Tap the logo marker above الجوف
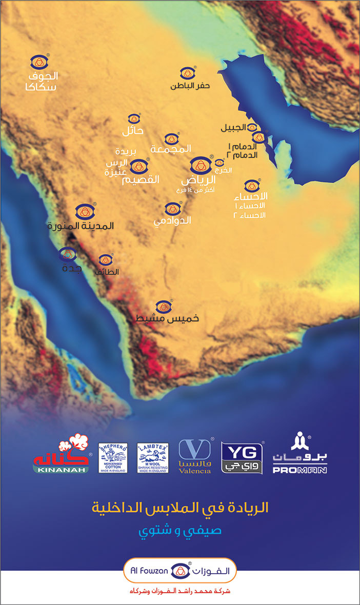(x=39, y=63)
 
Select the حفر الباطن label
(x=190, y=86)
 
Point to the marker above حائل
(x=134, y=119)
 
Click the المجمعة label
(x=171, y=149)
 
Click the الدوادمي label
(x=172, y=220)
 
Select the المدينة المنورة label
(x=81, y=226)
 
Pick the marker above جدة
(x=67, y=254)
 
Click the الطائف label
(x=107, y=272)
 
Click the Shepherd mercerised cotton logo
(x=113, y=457)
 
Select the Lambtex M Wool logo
(x=153, y=457)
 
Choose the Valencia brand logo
(x=195, y=456)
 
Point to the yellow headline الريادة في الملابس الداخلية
(x=179, y=508)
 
